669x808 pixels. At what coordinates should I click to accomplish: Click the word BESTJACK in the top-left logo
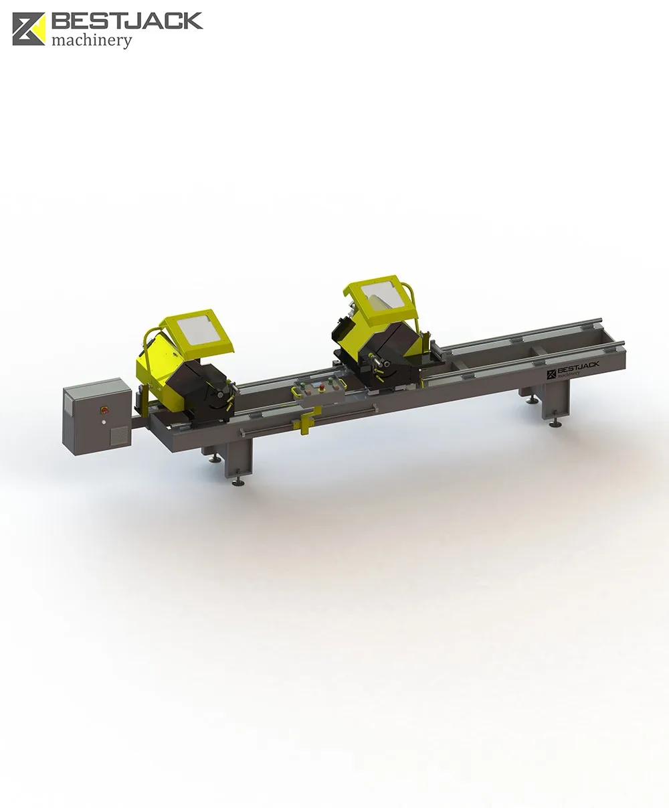(x=127, y=21)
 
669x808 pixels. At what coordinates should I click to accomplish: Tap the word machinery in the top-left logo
(x=92, y=41)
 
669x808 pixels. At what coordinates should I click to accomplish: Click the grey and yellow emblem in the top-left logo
(x=29, y=29)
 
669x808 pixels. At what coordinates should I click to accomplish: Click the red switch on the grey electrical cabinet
(x=104, y=408)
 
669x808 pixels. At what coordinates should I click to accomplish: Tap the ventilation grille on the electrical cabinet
(x=120, y=435)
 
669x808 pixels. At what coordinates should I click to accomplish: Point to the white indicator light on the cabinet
(x=104, y=422)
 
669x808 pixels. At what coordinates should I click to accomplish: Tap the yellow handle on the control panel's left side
(x=297, y=392)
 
